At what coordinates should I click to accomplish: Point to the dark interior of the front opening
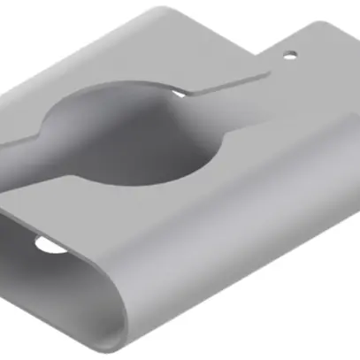(62, 265)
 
